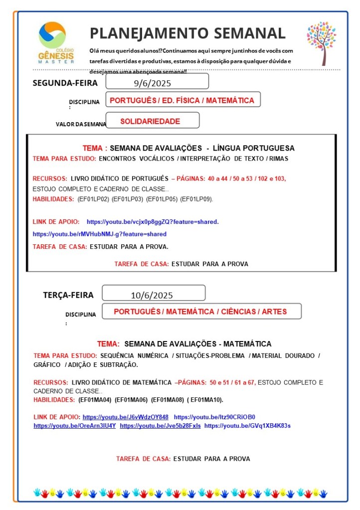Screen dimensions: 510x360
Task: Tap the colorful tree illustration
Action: pyautogui.click(x=321, y=43)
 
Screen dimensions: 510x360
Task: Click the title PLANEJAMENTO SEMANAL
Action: pyautogui.click(x=187, y=33)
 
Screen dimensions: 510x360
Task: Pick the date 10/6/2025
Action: pyautogui.click(x=152, y=295)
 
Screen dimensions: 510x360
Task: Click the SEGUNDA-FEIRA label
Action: pyautogui.click(x=65, y=83)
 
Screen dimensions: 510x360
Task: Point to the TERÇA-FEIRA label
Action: pyautogui.click(x=68, y=295)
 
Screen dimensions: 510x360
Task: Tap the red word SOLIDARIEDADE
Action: pyautogui.click(x=150, y=121)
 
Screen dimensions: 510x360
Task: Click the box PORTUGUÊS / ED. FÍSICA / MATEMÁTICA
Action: pyautogui.click(x=182, y=100)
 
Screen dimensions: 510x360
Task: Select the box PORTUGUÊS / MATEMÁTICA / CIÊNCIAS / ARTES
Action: pyautogui.click(x=200, y=312)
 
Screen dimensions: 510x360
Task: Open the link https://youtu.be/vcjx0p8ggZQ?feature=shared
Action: pyautogui.click(x=153, y=221)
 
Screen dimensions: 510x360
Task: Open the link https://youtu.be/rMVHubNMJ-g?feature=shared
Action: pyautogui.click(x=99, y=234)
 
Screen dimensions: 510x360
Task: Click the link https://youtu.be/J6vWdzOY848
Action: pyautogui.click(x=125, y=416)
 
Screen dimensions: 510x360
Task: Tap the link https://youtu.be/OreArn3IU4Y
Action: pyautogui.click(x=75, y=426)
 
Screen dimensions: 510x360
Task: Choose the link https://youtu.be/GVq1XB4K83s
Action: pyautogui.click(x=247, y=426)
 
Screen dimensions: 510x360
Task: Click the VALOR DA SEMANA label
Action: pyautogui.click(x=81, y=124)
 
